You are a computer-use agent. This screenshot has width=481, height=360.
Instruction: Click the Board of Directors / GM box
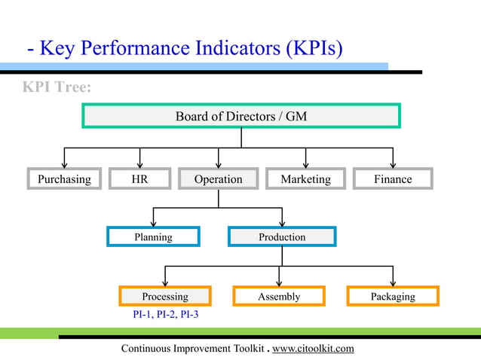[240, 116]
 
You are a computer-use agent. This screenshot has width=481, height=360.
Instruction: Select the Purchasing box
[64, 179]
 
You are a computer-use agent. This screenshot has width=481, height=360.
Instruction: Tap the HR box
[139, 179]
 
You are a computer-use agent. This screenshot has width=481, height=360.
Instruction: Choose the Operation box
[218, 179]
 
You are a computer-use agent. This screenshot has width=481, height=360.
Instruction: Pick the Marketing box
[305, 179]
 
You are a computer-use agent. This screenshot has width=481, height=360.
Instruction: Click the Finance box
[393, 179]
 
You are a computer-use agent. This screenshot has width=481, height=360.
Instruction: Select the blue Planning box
[153, 237]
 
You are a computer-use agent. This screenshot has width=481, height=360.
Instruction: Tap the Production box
[282, 237]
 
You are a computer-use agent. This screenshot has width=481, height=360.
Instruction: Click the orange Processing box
[165, 296]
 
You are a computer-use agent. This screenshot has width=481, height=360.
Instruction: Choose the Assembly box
[279, 296]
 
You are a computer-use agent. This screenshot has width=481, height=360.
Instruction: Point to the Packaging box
[393, 296]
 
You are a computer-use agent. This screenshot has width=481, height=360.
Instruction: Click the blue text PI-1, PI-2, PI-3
[164, 315]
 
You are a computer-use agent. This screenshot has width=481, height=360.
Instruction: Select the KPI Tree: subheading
[57, 87]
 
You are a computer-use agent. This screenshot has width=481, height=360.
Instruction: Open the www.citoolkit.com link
[313, 348]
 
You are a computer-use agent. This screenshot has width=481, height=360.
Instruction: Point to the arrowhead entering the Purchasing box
[64, 163]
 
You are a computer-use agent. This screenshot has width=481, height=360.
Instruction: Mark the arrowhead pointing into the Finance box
[393, 163]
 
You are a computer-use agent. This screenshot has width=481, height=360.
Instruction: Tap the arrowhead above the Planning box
[153, 222]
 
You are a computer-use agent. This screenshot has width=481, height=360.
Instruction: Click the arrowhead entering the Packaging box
[393, 281]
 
